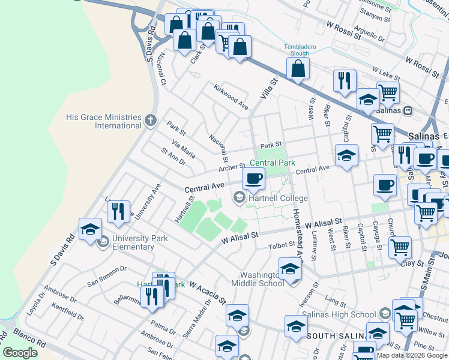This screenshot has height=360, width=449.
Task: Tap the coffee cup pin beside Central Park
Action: pos(253,178)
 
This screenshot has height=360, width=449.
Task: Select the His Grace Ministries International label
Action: pos(104,121)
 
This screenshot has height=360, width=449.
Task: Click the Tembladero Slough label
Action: pos(296,49)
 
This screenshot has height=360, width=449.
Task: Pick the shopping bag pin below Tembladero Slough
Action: pos(298,69)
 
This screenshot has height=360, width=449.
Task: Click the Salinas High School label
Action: pos(339,314)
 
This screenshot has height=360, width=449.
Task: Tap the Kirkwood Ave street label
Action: pos(231,96)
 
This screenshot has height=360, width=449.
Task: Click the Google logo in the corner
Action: pos(20,353)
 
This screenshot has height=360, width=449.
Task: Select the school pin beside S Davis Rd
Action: pos(90,230)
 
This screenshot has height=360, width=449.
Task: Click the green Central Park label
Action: pos(273,163)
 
